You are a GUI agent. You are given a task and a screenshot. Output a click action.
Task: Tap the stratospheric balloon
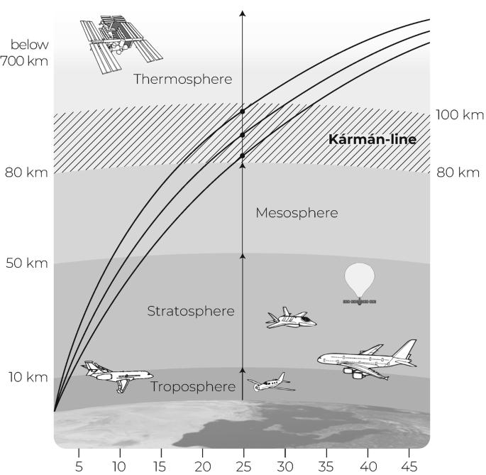(360, 283)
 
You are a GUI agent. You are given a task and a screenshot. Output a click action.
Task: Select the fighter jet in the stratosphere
(291, 318)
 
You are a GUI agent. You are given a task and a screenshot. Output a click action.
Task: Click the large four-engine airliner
(368, 360)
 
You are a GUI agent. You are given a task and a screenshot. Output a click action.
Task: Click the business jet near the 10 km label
(117, 376)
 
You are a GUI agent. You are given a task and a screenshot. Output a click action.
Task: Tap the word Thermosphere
(182, 80)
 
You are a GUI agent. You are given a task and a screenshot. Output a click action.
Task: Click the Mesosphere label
(297, 213)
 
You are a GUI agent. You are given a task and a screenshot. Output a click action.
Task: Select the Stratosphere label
(191, 311)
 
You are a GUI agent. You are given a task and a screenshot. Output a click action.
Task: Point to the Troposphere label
(193, 387)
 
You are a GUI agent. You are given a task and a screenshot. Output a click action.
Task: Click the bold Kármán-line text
(372, 139)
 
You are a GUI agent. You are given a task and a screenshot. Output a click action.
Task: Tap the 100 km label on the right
(460, 115)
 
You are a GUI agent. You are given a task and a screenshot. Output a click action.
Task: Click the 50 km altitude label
(27, 263)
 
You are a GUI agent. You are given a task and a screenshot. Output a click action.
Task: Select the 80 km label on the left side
(26, 173)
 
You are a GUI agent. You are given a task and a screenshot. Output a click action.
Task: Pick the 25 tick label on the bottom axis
(243, 466)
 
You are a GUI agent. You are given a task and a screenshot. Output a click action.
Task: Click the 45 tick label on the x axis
(409, 466)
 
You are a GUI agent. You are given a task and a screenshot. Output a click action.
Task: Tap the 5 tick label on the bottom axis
(79, 466)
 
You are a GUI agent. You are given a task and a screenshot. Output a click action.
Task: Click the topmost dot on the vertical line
(243, 111)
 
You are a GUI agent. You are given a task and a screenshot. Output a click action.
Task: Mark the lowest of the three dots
(243, 155)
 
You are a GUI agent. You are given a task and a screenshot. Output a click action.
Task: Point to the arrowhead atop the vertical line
(243, 13)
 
